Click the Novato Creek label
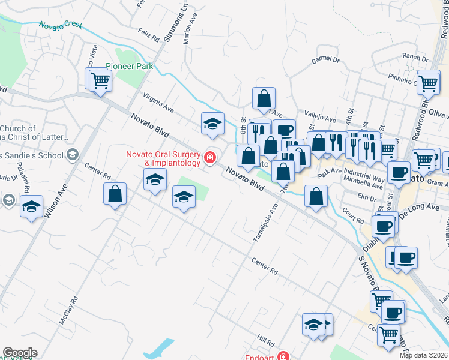pos(60,26)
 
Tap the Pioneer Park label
pos(129,66)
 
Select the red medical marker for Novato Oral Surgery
pos(209,158)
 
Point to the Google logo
pos(20,353)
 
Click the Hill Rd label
pos(265,340)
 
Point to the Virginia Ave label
pos(158,102)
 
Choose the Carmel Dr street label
pos(325,61)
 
